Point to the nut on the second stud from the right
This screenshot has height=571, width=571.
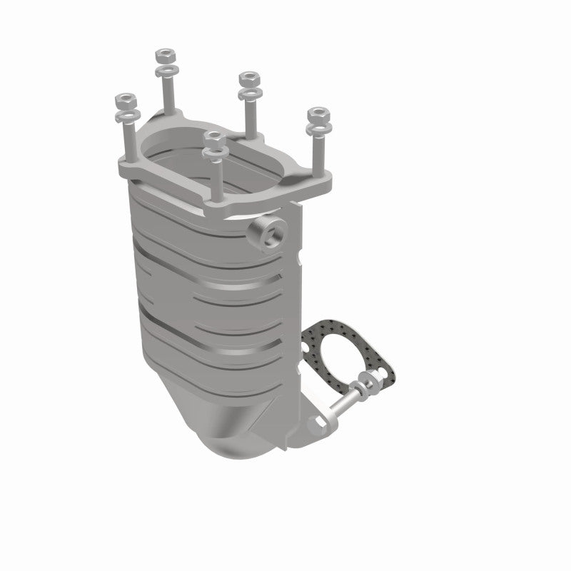pos(248,76)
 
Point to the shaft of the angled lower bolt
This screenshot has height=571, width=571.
pos(343,404)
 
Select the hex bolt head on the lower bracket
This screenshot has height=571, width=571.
pos(318,423)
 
